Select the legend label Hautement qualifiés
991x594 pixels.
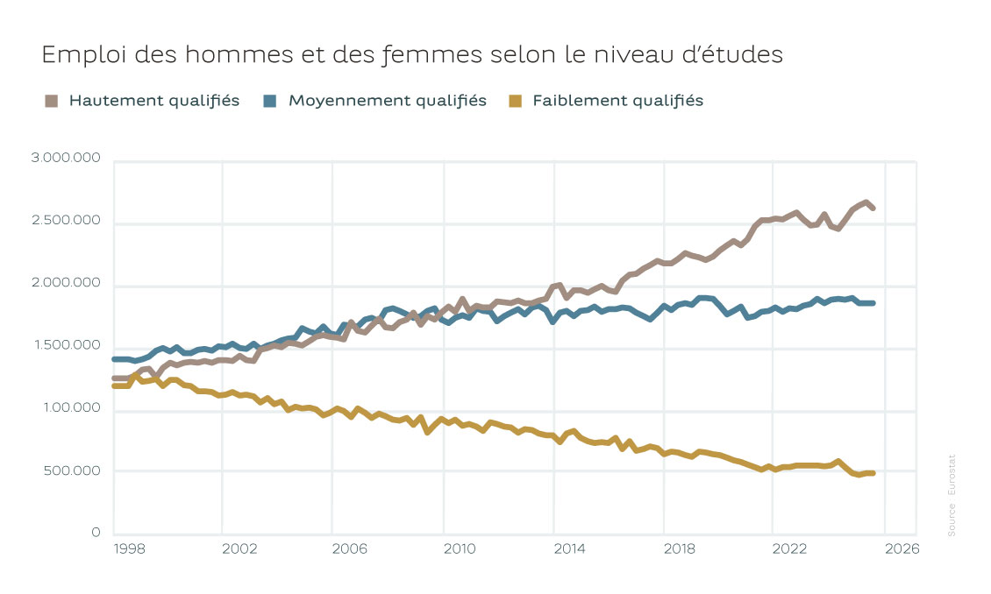[x=153, y=101]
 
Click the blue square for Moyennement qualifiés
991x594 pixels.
[x=270, y=101]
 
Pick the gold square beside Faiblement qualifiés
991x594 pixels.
[x=516, y=101]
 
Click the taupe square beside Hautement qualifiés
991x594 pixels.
[x=52, y=101]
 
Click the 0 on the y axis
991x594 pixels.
[x=96, y=534]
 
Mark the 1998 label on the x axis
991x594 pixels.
[x=130, y=549]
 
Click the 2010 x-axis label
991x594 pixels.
[x=459, y=549]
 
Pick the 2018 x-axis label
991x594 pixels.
[x=679, y=549]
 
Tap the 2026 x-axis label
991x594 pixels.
[x=900, y=549]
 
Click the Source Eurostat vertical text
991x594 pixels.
[x=952, y=495]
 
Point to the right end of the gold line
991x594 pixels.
[x=873, y=473]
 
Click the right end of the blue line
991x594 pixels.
[x=873, y=303]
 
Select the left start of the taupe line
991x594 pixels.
[x=114, y=378]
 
